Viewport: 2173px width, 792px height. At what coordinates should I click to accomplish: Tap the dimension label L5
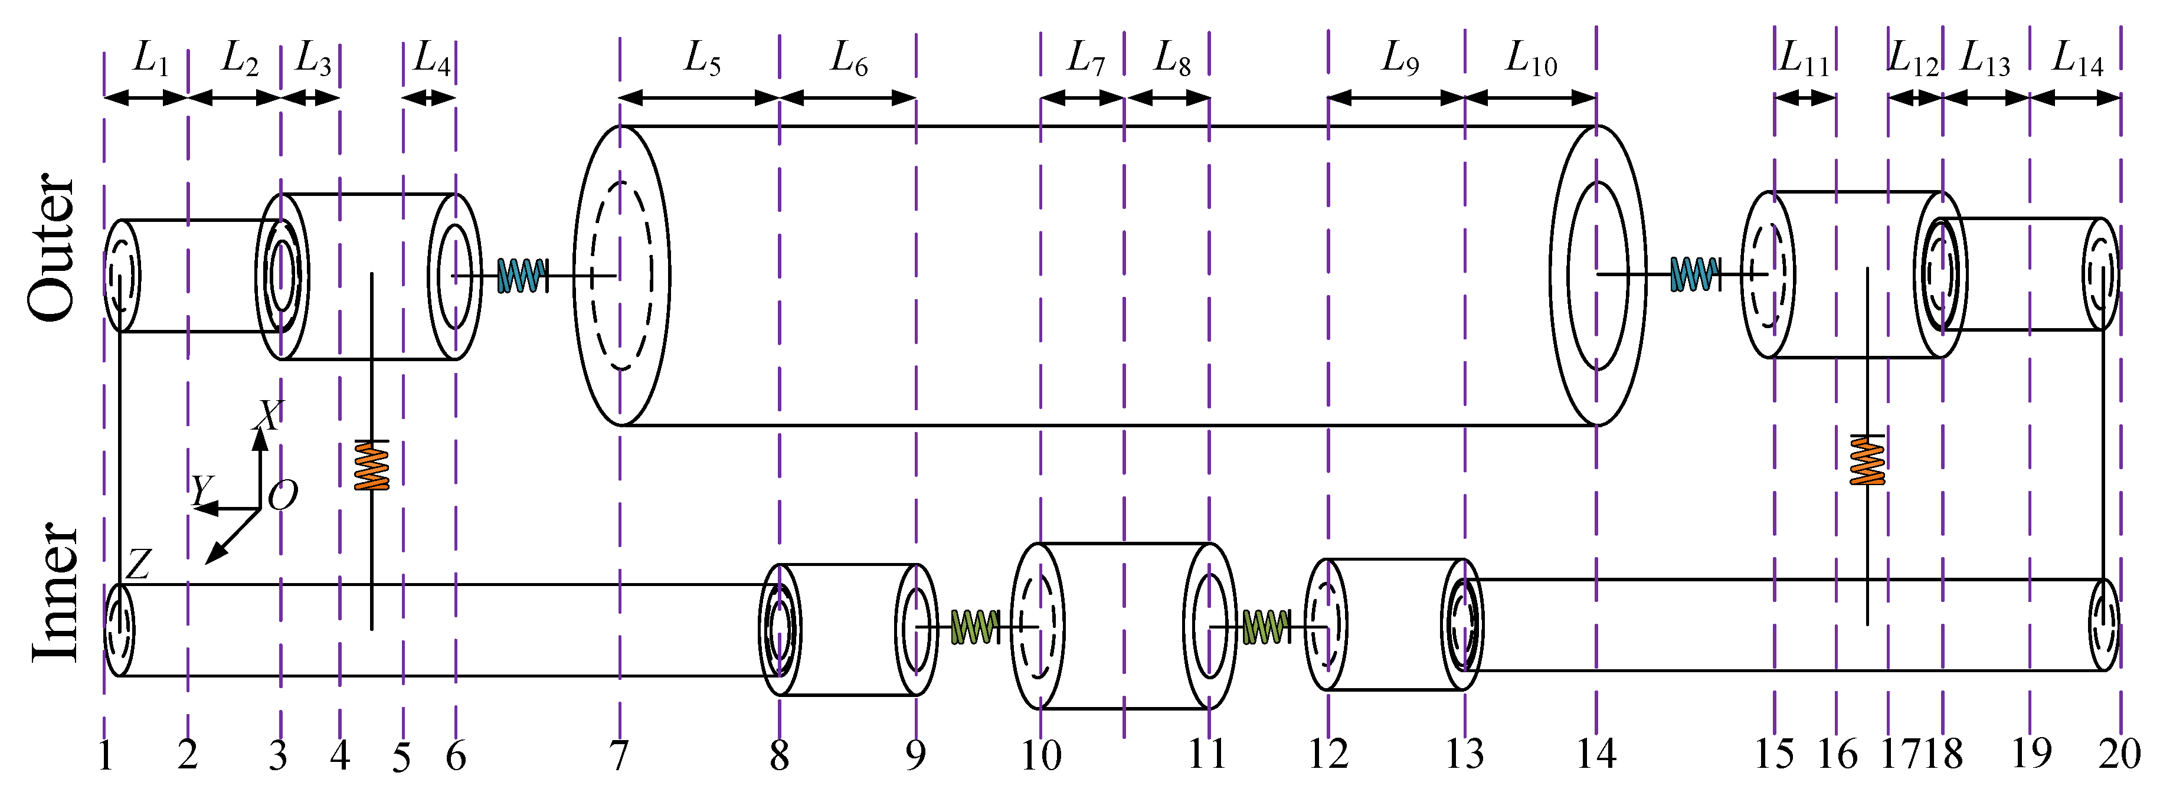click(702, 59)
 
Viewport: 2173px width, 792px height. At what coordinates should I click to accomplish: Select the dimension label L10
click(1531, 59)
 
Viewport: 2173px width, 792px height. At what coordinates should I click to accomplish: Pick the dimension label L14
click(2077, 59)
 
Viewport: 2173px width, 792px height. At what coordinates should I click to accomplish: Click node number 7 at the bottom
click(619, 755)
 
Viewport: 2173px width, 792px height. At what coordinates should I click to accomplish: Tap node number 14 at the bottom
click(1596, 753)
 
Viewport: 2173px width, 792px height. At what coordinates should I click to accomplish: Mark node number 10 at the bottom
click(1041, 755)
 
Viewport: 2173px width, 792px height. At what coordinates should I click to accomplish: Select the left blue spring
click(521, 275)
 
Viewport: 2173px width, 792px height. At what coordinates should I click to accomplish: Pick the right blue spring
click(1694, 274)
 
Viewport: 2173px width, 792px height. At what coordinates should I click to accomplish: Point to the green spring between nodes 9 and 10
click(974, 627)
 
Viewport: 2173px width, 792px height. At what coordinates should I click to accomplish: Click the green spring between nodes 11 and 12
click(1265, 627)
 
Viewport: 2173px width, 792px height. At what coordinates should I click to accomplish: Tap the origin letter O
click(283, 495)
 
